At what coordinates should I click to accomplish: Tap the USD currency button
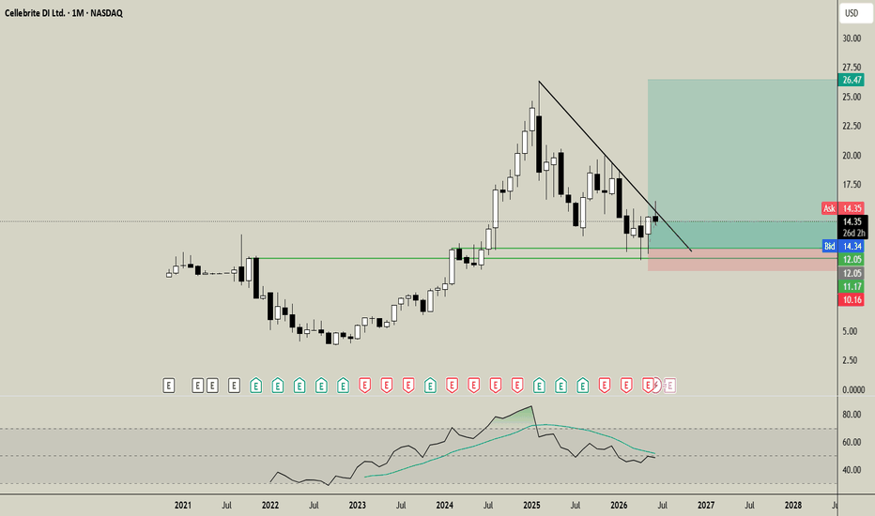click(x=852, y=13)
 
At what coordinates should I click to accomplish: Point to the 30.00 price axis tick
click(x=852, y=38)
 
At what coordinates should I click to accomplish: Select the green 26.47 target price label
click(x=852, y=81)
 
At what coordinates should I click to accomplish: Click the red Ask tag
click(x=829, y=208)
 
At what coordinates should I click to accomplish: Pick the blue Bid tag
click(x=830, y=246)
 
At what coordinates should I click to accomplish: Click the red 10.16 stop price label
click(x=852, y=300)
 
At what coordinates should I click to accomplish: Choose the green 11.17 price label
click(x=852, y=287)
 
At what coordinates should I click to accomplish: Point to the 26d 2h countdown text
click(x=853, y=234)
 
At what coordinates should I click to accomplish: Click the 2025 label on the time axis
click(x=531, y=506)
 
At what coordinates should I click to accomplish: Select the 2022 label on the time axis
click(x=270, y=506)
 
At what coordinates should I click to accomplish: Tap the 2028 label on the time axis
click(x=793, y=506)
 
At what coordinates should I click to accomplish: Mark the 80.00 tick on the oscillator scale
click(x=852, y=415)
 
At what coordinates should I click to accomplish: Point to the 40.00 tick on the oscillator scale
click(x=852, y=470)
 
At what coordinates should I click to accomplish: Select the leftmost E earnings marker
click(x=169, y=385)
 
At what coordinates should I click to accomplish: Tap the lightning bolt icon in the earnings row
click(x=656, y=385)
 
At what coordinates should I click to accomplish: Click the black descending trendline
click(x=615, y=166)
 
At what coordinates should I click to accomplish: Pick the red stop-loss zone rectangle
click(x=743, y=260)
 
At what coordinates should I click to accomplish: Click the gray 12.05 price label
click(x=852, y=273)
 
